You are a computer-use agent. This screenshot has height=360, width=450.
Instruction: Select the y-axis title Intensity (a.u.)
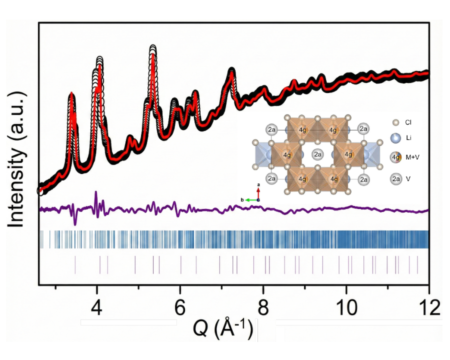point(16,159)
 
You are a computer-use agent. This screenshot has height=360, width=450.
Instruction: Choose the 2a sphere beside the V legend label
point(395,178)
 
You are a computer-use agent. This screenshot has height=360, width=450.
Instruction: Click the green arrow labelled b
point(250,199)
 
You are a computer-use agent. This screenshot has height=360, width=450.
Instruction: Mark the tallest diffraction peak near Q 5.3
point(153,48)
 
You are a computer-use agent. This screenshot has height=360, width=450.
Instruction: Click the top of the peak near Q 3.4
point(71,95)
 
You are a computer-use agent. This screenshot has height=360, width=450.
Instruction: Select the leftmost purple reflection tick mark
point(75,264)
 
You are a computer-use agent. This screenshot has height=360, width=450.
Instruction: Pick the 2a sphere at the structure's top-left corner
point(272,129)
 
